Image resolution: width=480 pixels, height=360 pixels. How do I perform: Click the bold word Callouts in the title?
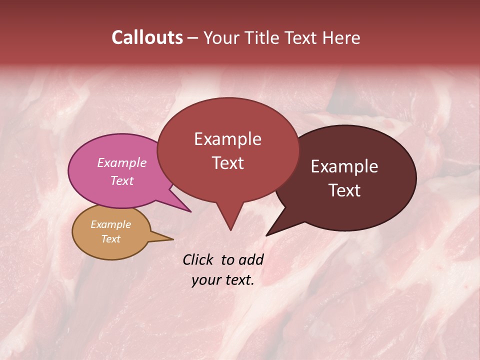click(147, 37)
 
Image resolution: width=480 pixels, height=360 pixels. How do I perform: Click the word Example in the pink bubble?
click(121, 162)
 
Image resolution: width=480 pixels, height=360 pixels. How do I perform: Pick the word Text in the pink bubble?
click(121, 180)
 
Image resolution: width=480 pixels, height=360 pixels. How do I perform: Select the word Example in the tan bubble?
click(110, 224)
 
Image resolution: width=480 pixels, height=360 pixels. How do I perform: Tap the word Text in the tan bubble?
click(110, 239)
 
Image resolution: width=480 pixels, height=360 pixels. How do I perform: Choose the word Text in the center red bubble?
click(227, 163)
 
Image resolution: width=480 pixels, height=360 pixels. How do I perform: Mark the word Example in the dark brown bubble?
click(344, 166)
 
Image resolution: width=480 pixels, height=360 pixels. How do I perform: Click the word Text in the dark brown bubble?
click(344, 190)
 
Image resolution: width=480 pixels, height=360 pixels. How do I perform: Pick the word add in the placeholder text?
click(251, 259)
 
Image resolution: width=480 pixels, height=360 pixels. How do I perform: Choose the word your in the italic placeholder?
click(206, 279)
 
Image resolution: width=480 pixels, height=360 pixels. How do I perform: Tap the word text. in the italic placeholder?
click(238, 279)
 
